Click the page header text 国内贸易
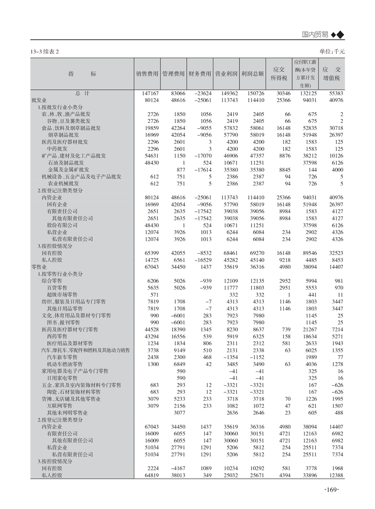[x=316, y=35]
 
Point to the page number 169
[x=333, y=490]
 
